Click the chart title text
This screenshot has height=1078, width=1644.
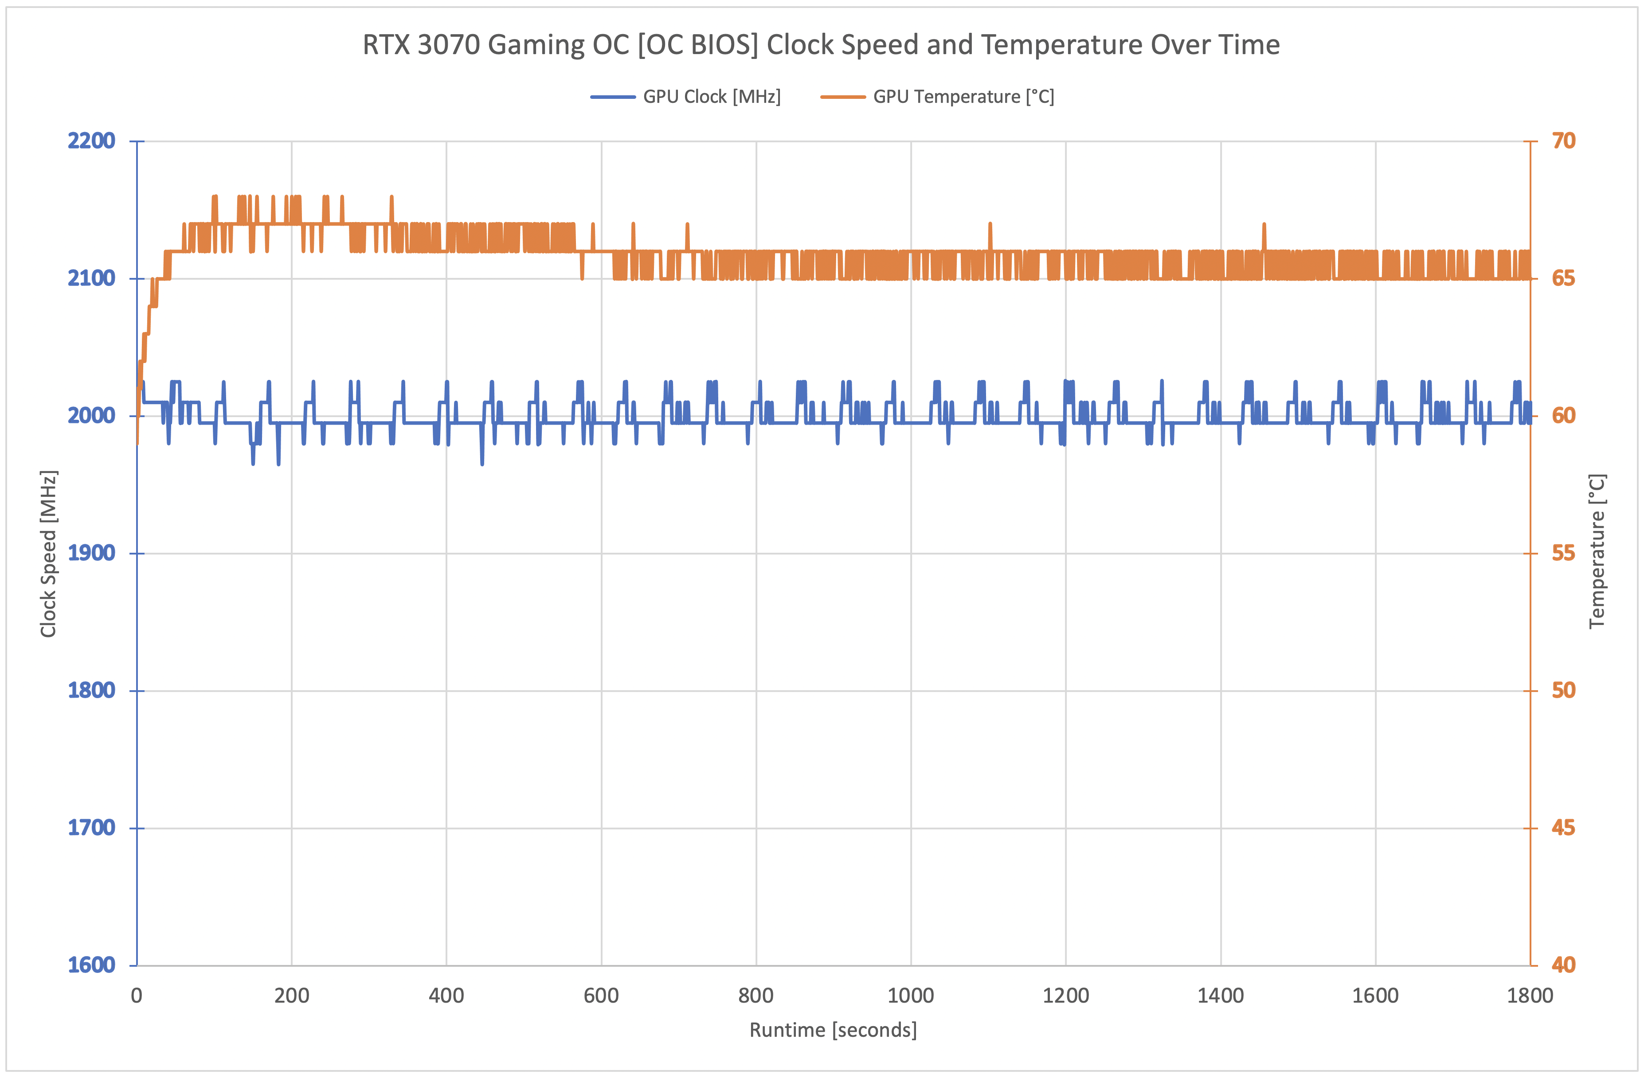821,45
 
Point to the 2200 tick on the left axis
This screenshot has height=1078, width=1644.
91,141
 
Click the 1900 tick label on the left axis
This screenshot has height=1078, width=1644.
91,553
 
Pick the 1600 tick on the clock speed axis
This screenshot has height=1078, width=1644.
91,965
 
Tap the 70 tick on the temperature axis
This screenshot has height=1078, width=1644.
1564,141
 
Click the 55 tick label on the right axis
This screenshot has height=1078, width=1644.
1564,553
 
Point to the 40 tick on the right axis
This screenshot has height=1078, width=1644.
1564,965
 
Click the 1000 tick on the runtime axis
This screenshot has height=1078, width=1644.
910,996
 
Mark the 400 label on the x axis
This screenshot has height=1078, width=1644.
446,996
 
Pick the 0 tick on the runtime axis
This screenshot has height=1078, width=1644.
137,996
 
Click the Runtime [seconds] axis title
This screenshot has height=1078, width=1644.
833,1030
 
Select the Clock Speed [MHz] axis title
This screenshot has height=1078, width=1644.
48,553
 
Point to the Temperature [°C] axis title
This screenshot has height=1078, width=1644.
1597,551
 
